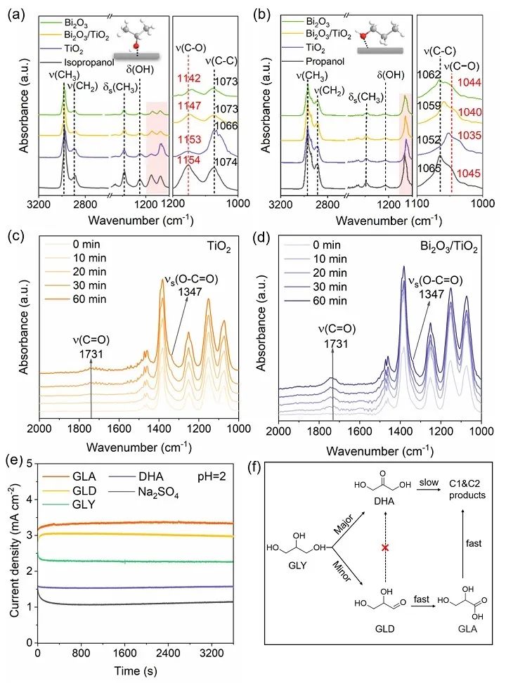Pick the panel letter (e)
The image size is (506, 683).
coord(14,461)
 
